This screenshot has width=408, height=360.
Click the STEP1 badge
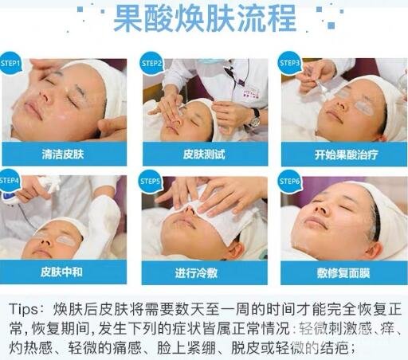(10, 63)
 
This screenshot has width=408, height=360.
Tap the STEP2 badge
(151, 63)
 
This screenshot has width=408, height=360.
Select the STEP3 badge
(289, 63)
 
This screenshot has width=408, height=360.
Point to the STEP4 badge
(10, 181)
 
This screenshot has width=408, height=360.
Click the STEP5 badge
(151, 182)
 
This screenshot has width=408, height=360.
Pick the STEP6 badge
(289, 182)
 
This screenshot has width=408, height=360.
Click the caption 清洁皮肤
(63, 155)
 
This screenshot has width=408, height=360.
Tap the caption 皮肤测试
(204, 155)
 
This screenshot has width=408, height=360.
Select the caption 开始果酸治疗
(346, 155)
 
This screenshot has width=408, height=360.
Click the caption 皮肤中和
(61, 272)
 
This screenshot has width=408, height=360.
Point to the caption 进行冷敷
(196, 272)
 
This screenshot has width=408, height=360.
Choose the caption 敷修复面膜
(343, 272)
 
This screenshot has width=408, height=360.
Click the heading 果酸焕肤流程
(205, 18)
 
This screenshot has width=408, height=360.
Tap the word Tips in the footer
(23, 310)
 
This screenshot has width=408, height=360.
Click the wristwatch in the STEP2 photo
(256, 118)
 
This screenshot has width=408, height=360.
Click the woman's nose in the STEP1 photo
(45, 96)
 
